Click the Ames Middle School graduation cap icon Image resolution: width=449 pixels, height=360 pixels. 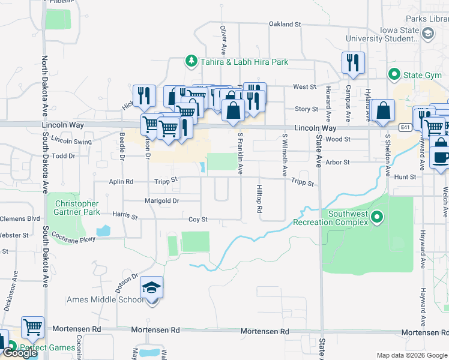(152, 287)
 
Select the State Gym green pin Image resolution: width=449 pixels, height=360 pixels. (394, 75)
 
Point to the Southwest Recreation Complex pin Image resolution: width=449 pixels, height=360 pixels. (376, 217)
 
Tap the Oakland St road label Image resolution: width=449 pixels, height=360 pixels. (285, 24)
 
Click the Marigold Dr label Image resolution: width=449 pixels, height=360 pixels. (162, 200)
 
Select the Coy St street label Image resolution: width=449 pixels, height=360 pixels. (197, 220)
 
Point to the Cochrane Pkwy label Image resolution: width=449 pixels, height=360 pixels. (74, 238)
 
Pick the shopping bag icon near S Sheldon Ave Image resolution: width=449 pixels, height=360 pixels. (382, 111)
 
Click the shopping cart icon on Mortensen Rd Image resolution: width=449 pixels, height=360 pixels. (32, 327)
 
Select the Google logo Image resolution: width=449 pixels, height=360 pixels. (20, 353)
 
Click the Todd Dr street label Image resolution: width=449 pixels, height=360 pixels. (63, 155)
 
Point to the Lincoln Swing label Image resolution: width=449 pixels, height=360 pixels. (71, 141)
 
